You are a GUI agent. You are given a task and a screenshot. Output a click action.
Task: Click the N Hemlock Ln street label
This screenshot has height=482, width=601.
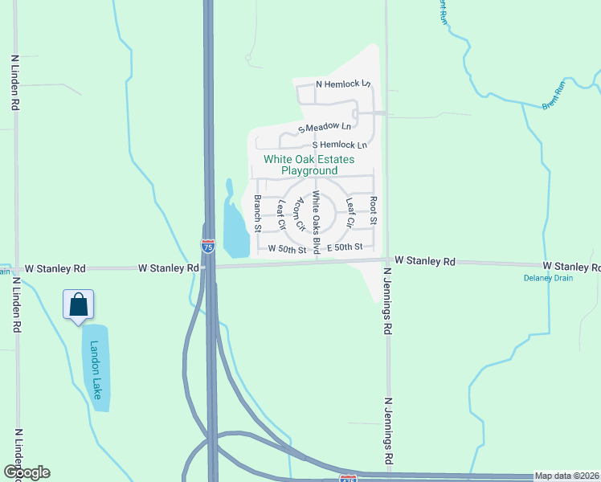[x=343, y=84]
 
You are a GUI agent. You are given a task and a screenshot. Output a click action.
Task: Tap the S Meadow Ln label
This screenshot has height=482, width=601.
[x=325, y=127]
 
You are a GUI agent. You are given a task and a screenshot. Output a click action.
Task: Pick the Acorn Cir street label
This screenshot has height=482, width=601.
[x=301, y=214]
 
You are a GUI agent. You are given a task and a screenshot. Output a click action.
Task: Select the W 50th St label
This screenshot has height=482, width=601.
[x=288, y=249]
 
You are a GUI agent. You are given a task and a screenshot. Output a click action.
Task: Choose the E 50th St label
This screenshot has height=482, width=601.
[x=345, y=247]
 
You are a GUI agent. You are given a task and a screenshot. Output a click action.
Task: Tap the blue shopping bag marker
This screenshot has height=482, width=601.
[x=79, y=305]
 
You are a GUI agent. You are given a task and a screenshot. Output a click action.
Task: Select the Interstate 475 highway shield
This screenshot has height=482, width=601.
[x=348, y=479]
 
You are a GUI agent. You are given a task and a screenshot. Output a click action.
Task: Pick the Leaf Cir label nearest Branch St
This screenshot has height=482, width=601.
[x=281, y=213]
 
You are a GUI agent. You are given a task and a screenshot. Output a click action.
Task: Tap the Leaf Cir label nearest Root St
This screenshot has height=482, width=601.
[x=350, y=212]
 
